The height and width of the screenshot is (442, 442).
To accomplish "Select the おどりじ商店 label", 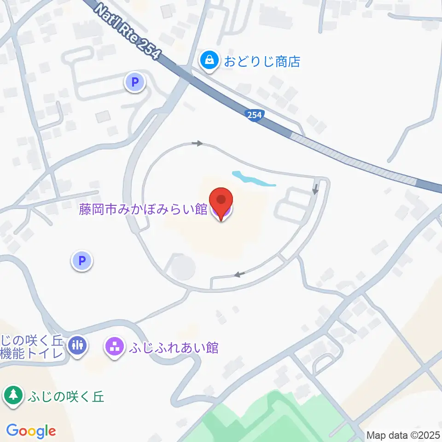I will pos(262,61).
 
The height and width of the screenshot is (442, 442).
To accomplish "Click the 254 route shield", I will pos(254,115).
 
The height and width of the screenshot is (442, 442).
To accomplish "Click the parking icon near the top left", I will pos(134,83).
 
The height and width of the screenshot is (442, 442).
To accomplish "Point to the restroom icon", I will pos(77,345).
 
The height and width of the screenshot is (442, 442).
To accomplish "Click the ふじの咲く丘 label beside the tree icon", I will pos(65,396).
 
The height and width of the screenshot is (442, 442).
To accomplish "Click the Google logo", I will pos(31,431).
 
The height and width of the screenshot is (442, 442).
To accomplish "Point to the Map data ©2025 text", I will pos(403,435).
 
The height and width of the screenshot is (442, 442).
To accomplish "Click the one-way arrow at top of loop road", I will pos(197,144).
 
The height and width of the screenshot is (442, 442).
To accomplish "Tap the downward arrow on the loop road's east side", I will pos(315,189).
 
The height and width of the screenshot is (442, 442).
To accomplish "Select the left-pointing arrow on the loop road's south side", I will pos(238,275).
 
